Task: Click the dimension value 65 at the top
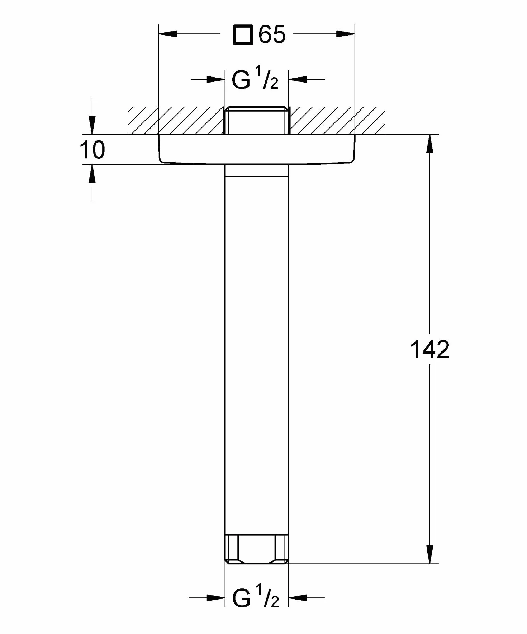point(272,34)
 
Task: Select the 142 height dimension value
point(429,350)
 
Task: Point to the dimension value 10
point(92,150)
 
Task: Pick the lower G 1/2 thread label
point(255,598)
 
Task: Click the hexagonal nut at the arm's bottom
point(256,549)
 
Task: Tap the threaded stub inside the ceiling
point(256,120)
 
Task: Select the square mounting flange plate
point(256,149)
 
